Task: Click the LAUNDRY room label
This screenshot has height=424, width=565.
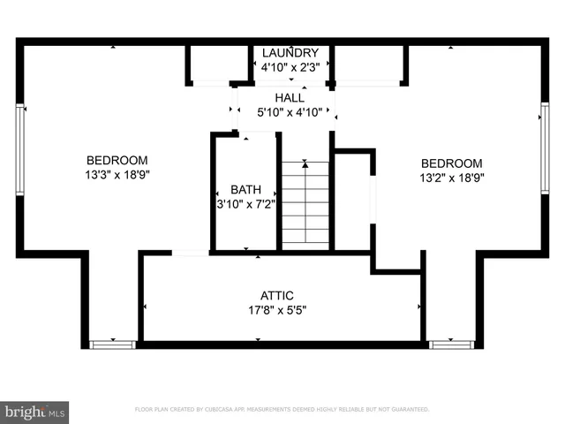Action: click(290, 53)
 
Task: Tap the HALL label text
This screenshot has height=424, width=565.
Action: click(290, 98)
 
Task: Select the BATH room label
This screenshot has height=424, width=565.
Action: click(246, 190)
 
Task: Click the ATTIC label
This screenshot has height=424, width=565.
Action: click(276, 296)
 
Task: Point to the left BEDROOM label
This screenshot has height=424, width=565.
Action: click(117, 160)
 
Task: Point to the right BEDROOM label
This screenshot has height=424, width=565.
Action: click(451, 163)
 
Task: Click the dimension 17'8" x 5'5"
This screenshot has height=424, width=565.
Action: click(276, 310)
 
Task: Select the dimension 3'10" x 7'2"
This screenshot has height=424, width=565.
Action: click(246, 204)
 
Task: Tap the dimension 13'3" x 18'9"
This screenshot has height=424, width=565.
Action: click(117, 175)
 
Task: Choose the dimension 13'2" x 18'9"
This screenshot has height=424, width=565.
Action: click(451, 178)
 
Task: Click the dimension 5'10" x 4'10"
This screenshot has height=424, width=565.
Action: click(290, 112)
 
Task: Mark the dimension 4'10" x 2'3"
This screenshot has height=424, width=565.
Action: click(290, 66)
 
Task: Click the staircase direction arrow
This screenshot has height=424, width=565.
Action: click(305, 163)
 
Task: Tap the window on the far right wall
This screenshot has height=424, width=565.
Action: click(545, 148)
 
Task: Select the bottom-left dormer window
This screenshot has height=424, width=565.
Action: click(113, 344)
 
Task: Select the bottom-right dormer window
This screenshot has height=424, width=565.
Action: click(451, 344)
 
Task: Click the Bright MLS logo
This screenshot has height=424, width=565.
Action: click(35, 412)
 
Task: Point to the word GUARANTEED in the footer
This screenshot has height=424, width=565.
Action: click(408, 410)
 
